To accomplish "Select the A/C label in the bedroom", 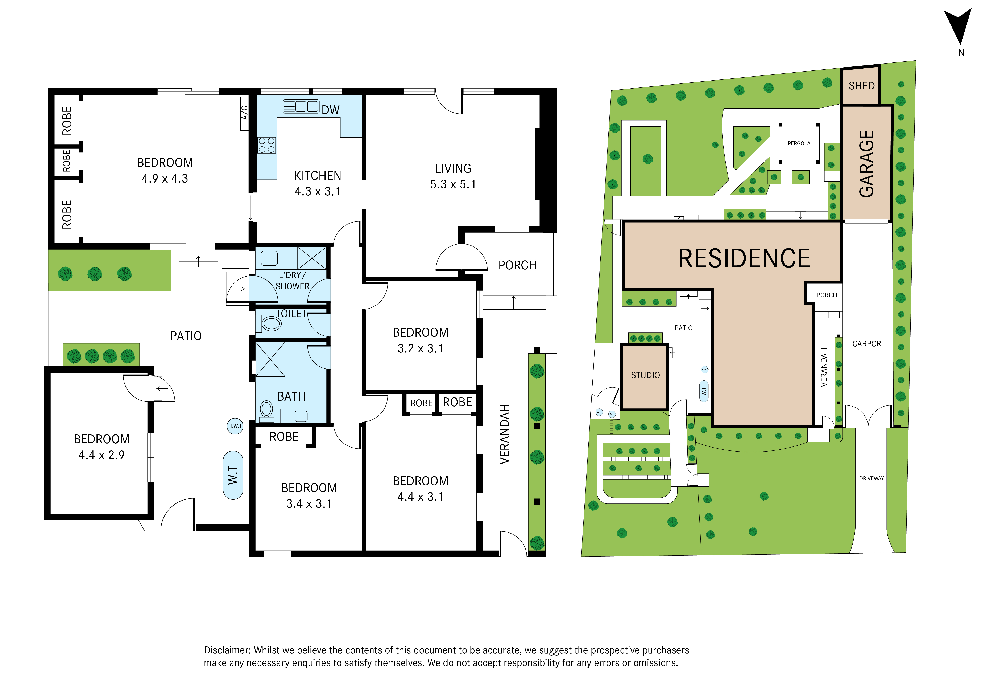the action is coord(244,113).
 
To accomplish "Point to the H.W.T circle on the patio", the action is coord(235,426).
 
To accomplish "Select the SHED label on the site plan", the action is coord(861,86).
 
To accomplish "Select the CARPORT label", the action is coord(868,344).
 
